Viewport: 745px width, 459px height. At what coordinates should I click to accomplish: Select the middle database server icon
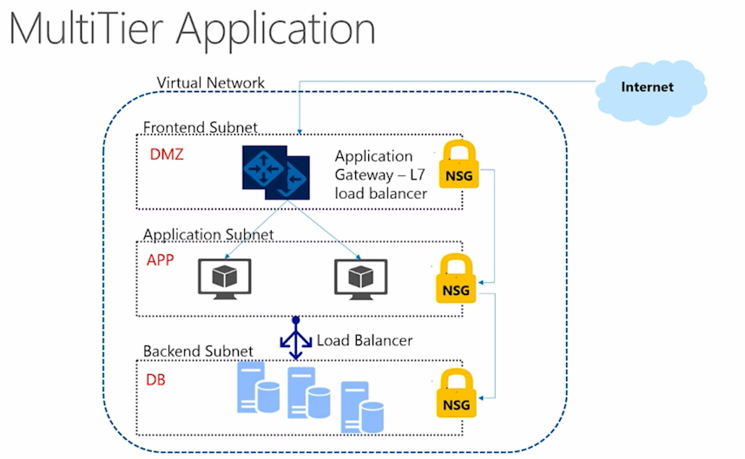point(307,395)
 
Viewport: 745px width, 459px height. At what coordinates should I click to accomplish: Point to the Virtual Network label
point(210,83)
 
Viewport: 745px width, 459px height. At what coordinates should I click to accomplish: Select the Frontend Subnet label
point(201,128)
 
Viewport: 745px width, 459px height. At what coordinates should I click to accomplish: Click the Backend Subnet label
point(198,351)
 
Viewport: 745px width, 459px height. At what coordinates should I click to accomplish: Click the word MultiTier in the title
point(89,29)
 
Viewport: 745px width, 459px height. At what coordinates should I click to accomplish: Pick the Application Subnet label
point(208,235)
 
